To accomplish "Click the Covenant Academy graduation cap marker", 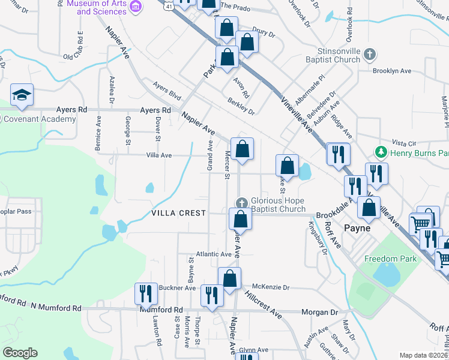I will [x=22, y=95].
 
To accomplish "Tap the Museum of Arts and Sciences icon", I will [x=136, y=7].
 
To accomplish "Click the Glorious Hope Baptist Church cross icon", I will [x=241, y=202].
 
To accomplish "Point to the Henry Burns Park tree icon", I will [x=379, y=150].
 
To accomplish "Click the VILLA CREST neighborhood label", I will [x=178, y=213].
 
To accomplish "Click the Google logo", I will [x=20, y=352].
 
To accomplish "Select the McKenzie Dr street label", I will [x=271, y=287].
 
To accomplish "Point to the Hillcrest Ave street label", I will [x=264, y=305].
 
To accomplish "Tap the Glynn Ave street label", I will [x=253, y=350].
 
